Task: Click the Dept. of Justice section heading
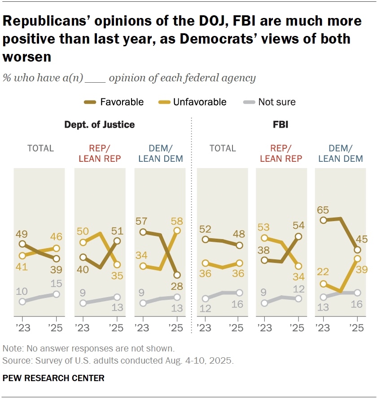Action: click(x=99, y=124)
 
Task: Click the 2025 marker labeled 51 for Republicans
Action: click(x=117, y=241)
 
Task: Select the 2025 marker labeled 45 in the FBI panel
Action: click(x=357, y=250)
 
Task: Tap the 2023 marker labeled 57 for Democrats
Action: click(x=143, y=232)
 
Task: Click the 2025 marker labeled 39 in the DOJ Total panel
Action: click(x=56, y=259)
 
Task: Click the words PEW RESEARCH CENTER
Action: click(x=53, y=378)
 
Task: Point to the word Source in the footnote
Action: click(x=14, y=360)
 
